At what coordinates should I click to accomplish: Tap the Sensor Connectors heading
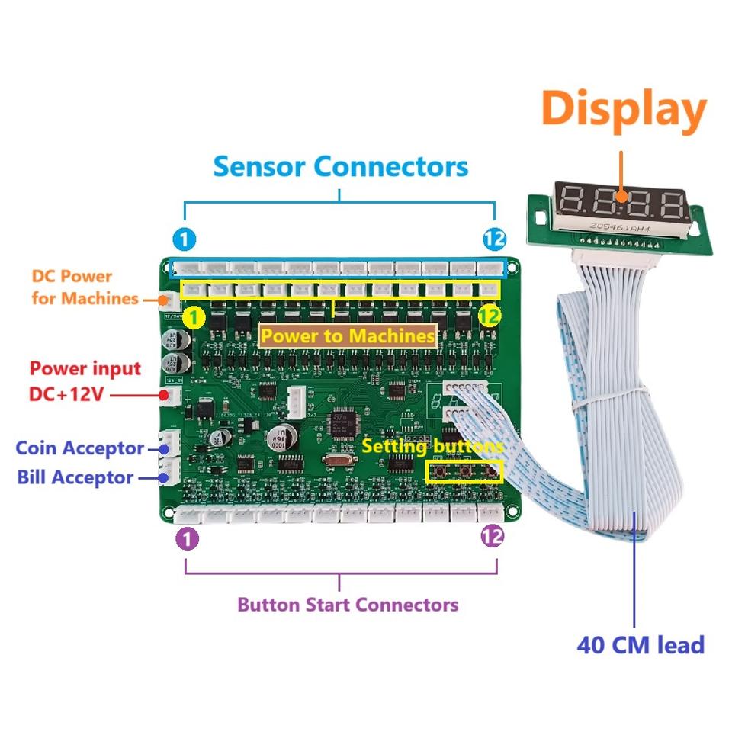click(340, 165)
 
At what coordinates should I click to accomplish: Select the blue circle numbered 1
click(184, 240)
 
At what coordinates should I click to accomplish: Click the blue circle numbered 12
click(494, 240)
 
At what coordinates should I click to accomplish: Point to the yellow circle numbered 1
click(194, 316)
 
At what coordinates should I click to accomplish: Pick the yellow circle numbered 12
click(490, 316)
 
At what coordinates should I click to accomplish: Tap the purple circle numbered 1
click(187, 539)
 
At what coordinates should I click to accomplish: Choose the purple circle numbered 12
click(493, 537)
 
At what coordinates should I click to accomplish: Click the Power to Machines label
click(348, 335)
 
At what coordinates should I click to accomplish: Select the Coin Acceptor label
click(80, 448)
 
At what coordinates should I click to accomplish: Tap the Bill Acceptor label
click(75, 477)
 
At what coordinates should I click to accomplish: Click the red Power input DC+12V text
click(85, 381)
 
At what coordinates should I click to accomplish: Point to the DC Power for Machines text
click(82, 287)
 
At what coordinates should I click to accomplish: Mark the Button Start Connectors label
click(348, 605)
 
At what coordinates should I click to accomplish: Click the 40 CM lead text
click(640, 645)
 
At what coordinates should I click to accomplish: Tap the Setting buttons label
click(432, 446)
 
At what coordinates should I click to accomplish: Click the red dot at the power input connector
click(163, 395)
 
